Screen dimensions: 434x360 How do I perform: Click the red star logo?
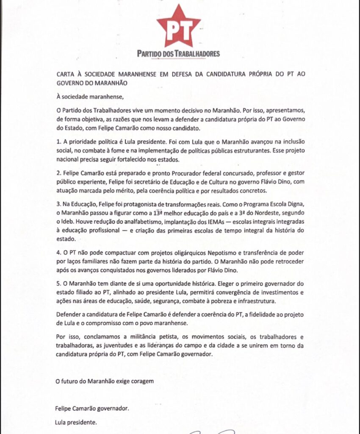(x=178, y=26)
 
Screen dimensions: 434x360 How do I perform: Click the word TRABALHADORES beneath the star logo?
(x=197, y=54)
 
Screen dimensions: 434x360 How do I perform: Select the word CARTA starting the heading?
(x=67, y=74)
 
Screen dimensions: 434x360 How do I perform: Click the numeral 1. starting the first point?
(x=59, y=141)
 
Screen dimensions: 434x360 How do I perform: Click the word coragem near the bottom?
(x=140, y=381)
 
